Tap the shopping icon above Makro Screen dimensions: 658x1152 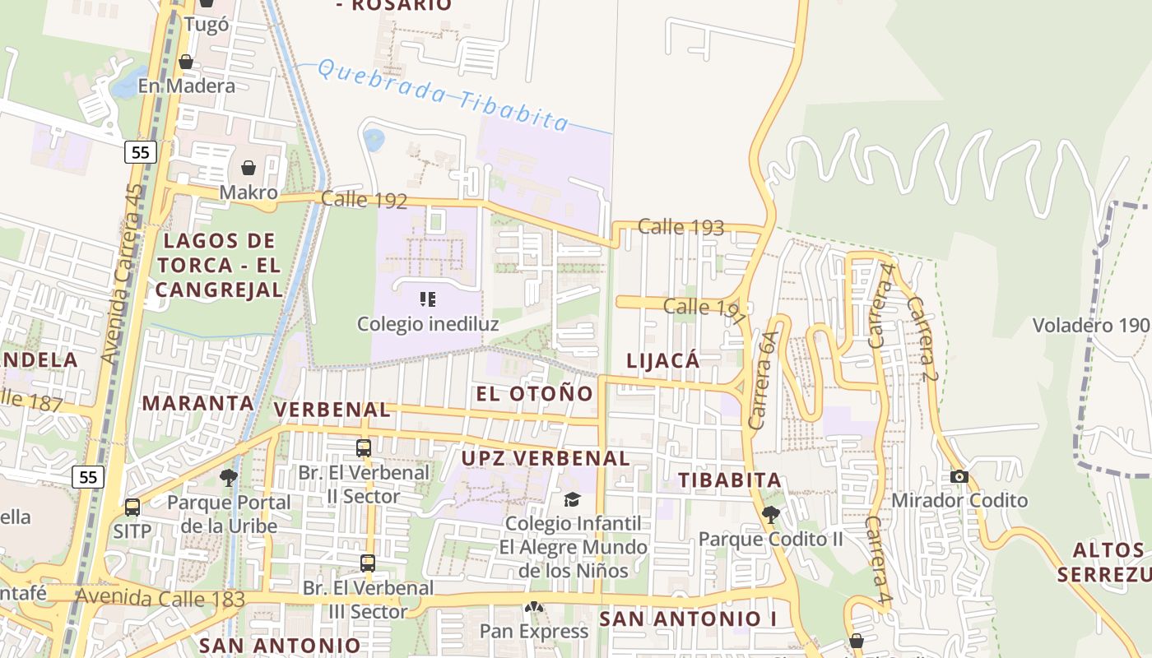point(249,169)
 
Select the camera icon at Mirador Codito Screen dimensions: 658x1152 point(959,477)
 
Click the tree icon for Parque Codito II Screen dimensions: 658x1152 point(771,516)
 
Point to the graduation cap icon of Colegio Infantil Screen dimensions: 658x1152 point(572,499)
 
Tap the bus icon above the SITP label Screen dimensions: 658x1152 point(132,507)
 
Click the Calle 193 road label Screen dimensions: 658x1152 point(681,227)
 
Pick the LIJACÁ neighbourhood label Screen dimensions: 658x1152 point(662,360)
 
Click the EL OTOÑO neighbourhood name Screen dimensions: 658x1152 point(535,393)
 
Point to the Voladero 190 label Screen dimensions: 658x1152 point(1090,324)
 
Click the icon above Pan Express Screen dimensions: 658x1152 point(534,608)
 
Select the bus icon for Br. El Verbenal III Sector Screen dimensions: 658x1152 point(368,563)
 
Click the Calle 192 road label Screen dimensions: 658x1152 point(364,199)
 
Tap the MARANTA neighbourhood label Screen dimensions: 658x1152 point(197,403)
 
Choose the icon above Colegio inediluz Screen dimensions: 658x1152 point(428,299)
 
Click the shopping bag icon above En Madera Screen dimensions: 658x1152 point(186,63)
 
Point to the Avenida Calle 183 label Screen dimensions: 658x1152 point(160,598)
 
